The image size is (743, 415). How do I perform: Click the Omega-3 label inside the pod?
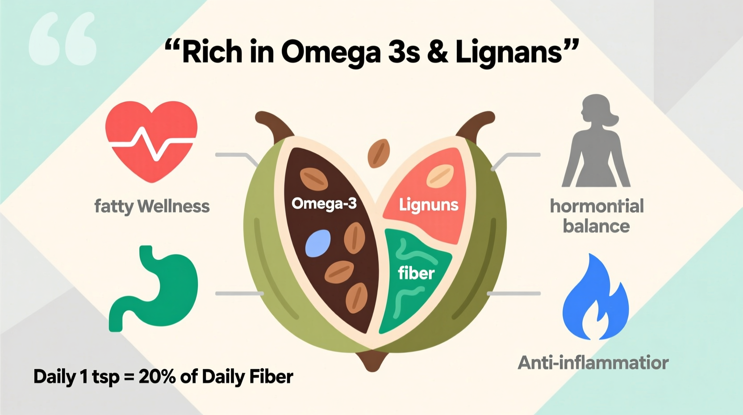[x=324, y=204]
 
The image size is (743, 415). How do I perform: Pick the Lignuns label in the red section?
[x=428, y=205]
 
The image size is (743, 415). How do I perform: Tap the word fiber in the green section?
[x=416, y=273]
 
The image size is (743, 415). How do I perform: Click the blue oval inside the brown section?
[x=318, y=243]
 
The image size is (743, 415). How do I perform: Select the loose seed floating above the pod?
[x=378, y=153]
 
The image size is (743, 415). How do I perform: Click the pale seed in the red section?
[x=440, y=176]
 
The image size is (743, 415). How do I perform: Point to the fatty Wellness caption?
[x=152, y=207]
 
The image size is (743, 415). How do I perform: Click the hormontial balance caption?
[x=597, y=216]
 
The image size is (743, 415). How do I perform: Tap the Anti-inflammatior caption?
[x=593, y=363]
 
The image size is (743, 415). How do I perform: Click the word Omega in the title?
[x=330, y=53]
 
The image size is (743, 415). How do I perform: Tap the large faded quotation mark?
[x=63, y=39]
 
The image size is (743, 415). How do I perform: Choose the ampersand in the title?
[x=437, y=52]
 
